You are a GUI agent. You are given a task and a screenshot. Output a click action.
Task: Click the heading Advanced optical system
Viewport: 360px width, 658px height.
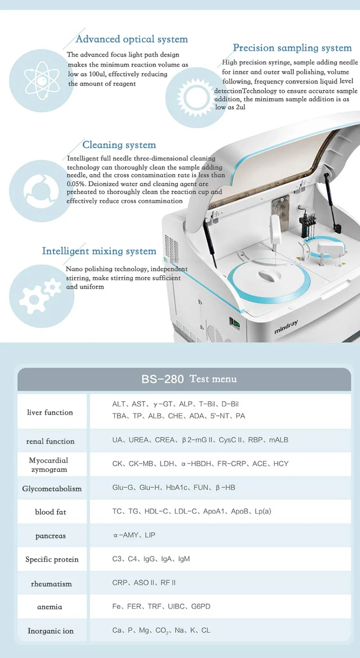click(132, 39)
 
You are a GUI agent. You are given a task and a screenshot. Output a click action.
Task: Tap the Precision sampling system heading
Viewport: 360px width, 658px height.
click(292, 48)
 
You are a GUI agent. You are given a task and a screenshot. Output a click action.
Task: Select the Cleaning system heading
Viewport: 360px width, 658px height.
click(119, 145)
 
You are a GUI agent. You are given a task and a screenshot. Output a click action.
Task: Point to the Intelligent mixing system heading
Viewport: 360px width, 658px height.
click(99, 251)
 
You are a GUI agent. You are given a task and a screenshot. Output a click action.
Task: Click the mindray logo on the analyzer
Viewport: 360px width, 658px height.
click(286, 327)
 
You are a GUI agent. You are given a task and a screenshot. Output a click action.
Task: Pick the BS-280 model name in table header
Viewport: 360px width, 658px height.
click(163, 379)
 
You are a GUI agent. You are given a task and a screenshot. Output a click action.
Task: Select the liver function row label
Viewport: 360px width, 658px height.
click(50, 412)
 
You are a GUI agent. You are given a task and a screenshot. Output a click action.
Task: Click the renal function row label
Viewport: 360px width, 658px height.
click(50, 441)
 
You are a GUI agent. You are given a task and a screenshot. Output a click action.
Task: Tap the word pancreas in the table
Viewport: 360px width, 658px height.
click(50, 536)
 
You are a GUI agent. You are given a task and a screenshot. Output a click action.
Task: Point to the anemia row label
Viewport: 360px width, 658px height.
click(49, 607)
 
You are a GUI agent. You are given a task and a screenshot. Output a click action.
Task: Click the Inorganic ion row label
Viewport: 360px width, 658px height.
click(50, 631)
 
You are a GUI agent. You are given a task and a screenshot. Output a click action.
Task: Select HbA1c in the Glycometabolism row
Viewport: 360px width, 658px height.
click(176, 488)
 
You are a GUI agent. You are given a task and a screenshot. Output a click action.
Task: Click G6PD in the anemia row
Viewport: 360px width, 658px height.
click(201, 606)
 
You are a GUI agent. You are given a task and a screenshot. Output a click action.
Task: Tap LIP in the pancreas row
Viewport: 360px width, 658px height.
click(150, 535)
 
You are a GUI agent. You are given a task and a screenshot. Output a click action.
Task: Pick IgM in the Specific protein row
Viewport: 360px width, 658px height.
click(184, 559)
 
